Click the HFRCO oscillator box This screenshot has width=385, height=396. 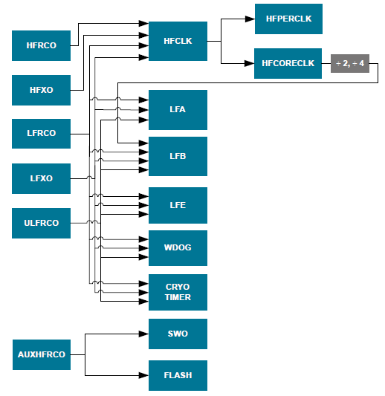tap(42, 45)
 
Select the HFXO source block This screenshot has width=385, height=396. tap(42, 90)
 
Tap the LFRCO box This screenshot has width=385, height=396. tap(42, 134)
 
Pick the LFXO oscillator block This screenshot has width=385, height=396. tap(42, 178)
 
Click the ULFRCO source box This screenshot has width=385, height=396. tap(42, 223)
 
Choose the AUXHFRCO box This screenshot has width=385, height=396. tap(42, 354)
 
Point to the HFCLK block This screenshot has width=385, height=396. tap(178, 41)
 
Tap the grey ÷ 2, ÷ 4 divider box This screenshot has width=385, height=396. tap(349, 64)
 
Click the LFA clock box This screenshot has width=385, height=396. tap(178, 110)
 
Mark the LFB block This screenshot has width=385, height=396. tap(178, 156)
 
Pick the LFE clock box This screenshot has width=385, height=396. tap(178, 205)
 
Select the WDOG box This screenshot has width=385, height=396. tap(178, 247)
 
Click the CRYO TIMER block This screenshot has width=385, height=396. tap(178, 292)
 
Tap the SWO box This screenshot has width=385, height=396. tap(178, 334)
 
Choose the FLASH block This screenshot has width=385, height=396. tap(178, 375)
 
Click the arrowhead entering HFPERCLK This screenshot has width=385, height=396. tap(250, 19)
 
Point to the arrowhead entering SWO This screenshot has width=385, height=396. tap(145, 334)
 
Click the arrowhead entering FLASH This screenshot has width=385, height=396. tap(145, 375)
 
